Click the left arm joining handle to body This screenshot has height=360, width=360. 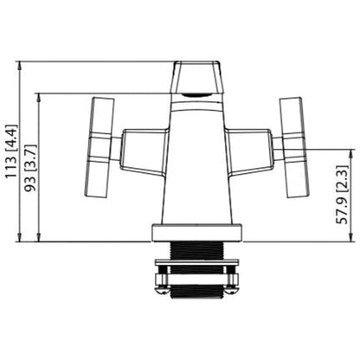point(143,149)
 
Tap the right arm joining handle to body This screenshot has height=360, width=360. point(252,149)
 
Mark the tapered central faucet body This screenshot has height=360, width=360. point(198,164)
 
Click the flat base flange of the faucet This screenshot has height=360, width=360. point(198,232)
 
